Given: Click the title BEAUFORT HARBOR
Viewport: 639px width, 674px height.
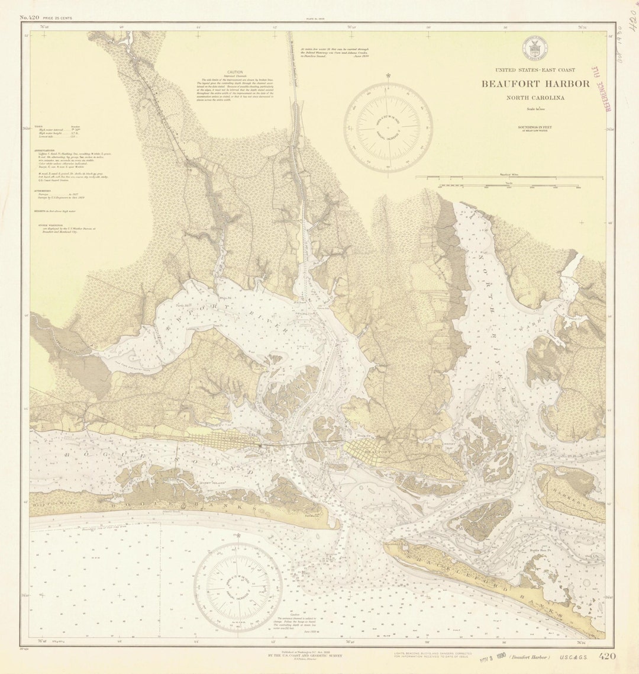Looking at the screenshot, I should click(x=535, y=84).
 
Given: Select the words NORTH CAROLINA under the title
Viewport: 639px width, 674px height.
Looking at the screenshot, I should click(x=535, y=98).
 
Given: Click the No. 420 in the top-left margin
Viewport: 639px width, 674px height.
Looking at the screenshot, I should click(x=30, y=18).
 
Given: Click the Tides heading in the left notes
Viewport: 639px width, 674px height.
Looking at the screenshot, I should click(x=38, y=126).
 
